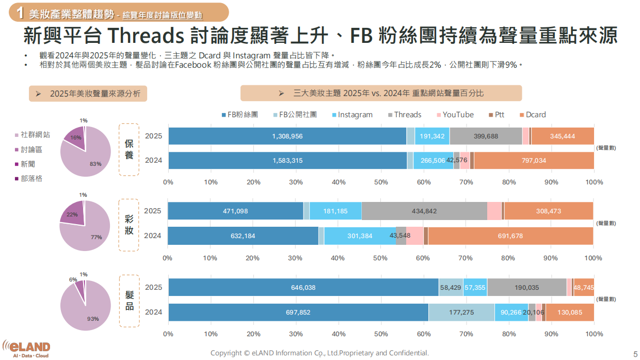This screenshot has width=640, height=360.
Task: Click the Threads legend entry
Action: pos(404,115)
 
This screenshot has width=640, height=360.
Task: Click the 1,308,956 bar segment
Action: pos(287,136)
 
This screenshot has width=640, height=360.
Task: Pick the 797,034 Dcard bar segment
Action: pos(534,161)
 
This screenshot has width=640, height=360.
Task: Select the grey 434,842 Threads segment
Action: pos(424,211)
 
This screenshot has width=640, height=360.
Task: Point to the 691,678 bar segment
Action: pos(510,236)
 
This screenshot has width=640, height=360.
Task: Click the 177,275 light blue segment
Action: pos(461,312)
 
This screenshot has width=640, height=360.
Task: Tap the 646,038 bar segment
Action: pos(303,288)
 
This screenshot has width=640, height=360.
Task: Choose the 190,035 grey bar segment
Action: pos(526,288)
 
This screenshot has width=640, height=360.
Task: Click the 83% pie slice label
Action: pos(95,164)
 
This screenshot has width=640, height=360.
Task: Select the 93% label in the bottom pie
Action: pos(93,319)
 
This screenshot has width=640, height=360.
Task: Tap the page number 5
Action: pos(635,354)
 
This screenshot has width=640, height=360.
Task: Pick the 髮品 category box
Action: pos(129,301)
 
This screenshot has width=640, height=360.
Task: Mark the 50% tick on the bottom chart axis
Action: pos(381,334)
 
